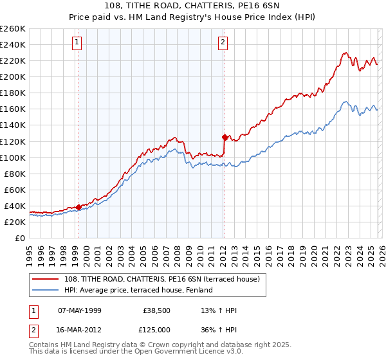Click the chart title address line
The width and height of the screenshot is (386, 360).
(193, 6)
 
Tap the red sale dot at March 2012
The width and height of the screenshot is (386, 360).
(225, 137)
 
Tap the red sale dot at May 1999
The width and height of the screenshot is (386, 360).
(78, 207)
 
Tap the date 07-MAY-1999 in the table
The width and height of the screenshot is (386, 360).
(80, 310)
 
